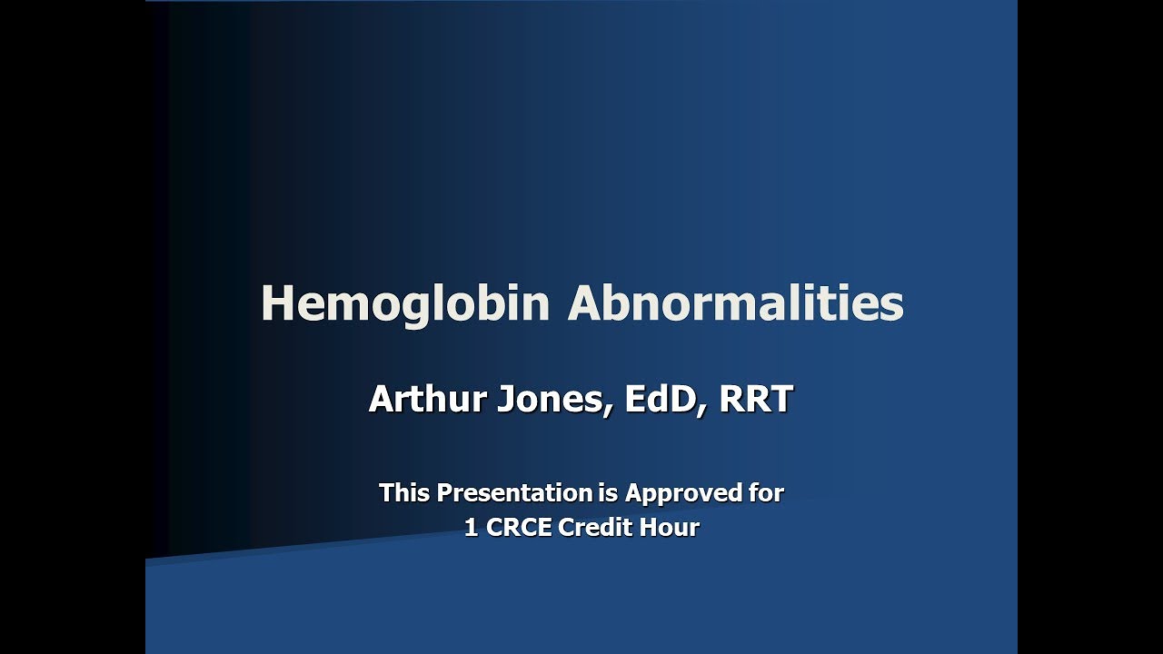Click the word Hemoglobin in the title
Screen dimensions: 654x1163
(x=405, y=303)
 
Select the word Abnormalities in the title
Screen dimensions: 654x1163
(x=735, y=303)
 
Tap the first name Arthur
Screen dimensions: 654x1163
(x=427, y=399)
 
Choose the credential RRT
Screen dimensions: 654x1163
(x=756, y=399)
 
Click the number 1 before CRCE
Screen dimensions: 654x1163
(x=471, y=528)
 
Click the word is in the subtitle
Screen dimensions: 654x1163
(x=609, y=493)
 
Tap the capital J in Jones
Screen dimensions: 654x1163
(x=505, y=399)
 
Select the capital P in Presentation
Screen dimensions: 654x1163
(x=444, y=493)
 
